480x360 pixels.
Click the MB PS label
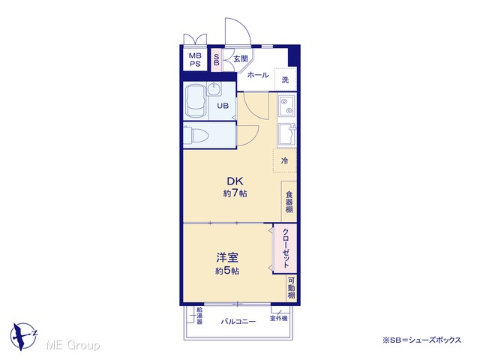click(195, 60)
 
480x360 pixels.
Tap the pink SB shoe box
click(217, 60)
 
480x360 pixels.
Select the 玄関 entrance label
click(241, 58)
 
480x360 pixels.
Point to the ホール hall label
click(258, 75)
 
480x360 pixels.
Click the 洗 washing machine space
click(285, 79)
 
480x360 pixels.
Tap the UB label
click(223, 106)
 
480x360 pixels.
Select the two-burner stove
click(287, 105)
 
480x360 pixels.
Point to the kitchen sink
click(287, 134)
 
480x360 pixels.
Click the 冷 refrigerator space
click(285, 160)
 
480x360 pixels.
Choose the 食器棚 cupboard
click(289, 202)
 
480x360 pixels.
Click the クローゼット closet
click(285, 248)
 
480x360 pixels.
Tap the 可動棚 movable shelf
click(292, 288)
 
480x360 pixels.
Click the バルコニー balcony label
click(238, 322)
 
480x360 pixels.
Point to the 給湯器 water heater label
click(199, 315)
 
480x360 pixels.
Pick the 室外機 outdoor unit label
click(278, 319)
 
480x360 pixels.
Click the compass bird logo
click(23, 336)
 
